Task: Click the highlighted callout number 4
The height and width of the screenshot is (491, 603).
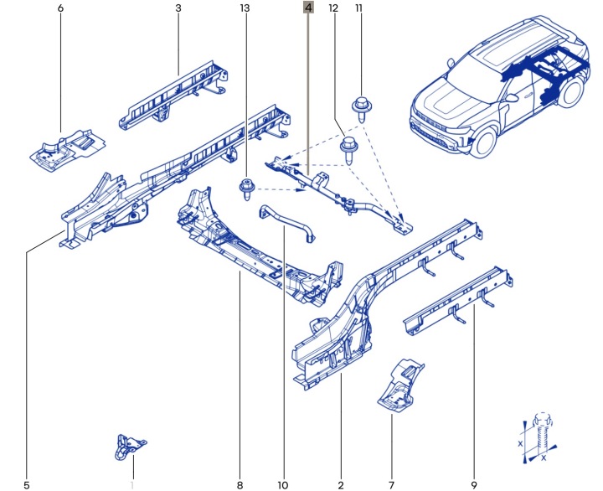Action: (308, 8)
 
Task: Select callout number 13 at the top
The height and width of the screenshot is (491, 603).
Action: (245, 8)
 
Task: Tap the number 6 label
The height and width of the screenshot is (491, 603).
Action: (60, 8)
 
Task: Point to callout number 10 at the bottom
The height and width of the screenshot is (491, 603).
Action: (283, 485)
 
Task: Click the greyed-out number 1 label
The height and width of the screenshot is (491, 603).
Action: (132, 485)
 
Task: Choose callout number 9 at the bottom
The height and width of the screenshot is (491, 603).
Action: (474, 485)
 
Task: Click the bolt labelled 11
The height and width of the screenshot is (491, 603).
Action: (362, 109)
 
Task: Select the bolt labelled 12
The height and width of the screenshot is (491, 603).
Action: (348, 151)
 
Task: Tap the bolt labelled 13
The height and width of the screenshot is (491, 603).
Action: (246, 189)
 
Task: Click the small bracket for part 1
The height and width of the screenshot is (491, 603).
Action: (130, 447)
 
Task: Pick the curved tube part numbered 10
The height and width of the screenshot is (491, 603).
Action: (286, 221)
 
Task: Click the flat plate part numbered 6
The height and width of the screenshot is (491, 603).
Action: (68, 150)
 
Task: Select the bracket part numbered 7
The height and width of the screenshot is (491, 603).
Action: (400, 385)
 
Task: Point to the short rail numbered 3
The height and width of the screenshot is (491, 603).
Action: (173, 96)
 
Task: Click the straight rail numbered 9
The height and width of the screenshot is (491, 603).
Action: (458, 301)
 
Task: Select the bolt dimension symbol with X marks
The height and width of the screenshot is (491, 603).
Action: (539, 438)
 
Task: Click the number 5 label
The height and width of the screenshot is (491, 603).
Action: (27, 485)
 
